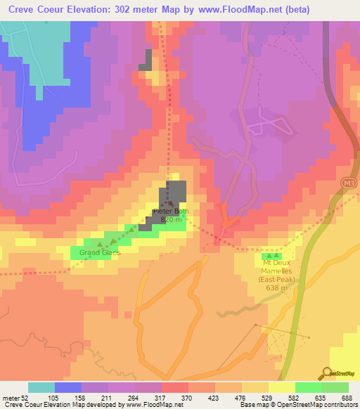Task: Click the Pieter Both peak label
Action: coord(172,211)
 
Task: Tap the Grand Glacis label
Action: coord(100,252)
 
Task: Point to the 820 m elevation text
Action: coord(172,219)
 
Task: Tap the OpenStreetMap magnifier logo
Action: coord(328,374)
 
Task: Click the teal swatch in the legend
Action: coord(41,387)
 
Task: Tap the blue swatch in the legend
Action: coord(68,387)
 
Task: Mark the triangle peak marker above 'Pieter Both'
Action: coord(170,203)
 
